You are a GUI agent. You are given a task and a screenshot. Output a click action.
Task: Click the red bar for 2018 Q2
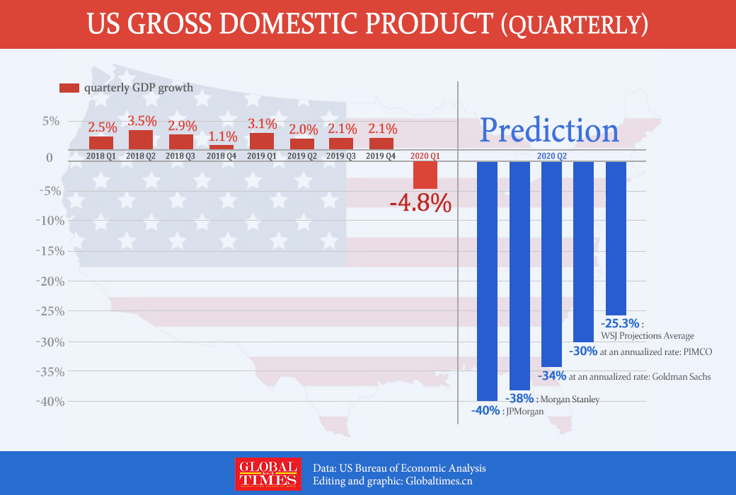(x=141, y=139)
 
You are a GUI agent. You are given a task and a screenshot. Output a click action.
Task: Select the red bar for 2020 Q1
(x=425, y=175)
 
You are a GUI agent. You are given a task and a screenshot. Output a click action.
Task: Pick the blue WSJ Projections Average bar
(x=616, y=238)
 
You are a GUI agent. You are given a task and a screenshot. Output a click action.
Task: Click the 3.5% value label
(x=142, y=120)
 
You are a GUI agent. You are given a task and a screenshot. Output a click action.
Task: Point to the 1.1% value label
(x=222, y=136)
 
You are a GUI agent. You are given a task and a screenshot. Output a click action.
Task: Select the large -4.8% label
(x=420, y=204)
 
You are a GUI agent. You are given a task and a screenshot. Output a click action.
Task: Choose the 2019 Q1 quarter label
(x=262, y=155)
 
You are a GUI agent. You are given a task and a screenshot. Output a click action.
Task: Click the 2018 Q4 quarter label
(x=222, y=155)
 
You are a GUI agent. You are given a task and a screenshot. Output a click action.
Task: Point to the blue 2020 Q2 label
(x=552, y=155)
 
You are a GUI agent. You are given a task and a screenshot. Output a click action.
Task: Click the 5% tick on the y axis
(x=50, y=121)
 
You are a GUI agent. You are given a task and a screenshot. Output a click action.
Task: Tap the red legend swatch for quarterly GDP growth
(x=69, y=88)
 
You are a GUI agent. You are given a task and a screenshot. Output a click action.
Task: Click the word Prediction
(x=549, y=130)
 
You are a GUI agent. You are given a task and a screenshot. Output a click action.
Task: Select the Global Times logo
(x=267, y=474)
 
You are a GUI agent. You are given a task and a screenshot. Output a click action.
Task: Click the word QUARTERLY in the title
(x=574, y=25)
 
